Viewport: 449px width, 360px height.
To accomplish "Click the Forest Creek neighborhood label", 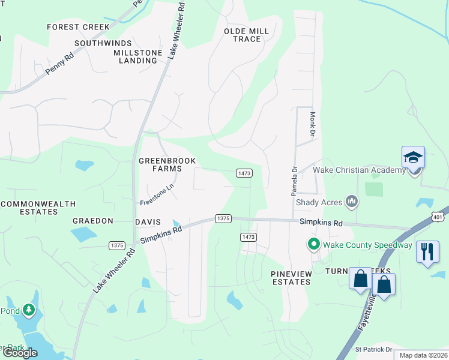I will click(79, 27).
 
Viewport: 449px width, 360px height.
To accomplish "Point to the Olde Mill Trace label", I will click(246, 35).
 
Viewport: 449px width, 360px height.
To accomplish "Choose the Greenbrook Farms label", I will click(160, 164).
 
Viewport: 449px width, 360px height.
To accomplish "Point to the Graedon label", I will click(93, 221).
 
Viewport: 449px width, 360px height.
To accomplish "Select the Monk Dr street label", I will click(312, 124).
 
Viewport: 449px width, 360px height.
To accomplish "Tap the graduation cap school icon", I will click(413, 158).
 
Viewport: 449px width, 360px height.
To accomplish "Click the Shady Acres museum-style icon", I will click(352, 202).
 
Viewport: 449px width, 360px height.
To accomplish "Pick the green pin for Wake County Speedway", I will click(313, 244).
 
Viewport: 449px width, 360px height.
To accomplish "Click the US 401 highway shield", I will click(439, 217).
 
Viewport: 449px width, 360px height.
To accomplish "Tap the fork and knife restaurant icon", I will click(427, 251).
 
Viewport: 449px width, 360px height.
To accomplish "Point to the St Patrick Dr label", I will click(373, 349).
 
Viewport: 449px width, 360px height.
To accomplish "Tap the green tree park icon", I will click(28, 310).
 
